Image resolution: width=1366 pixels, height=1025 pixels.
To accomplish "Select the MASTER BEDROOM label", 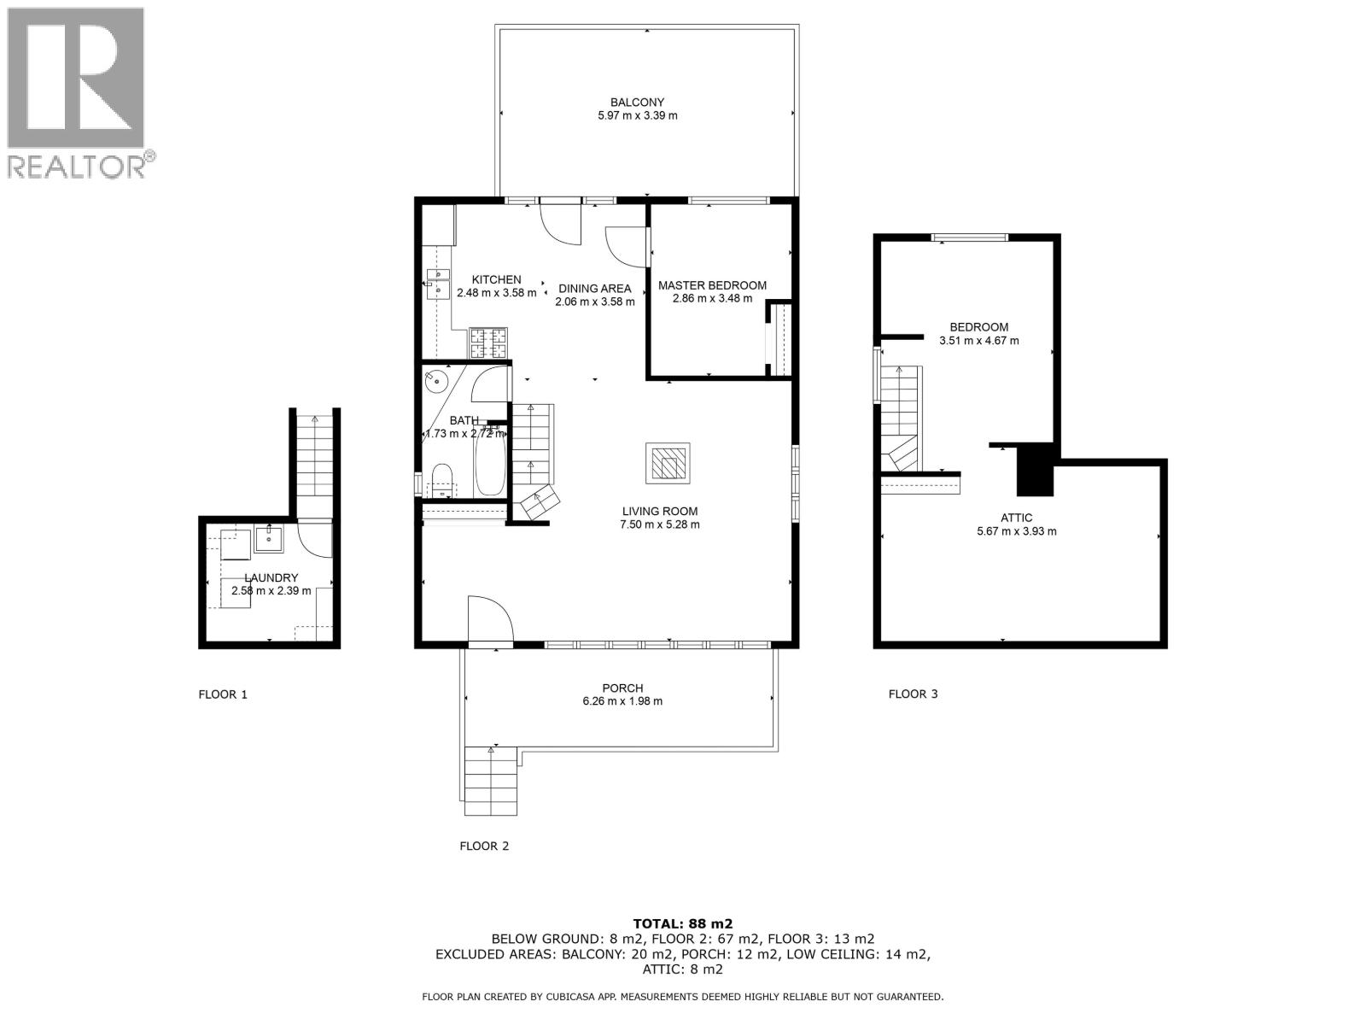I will pyautogui.click(x=712, y=285).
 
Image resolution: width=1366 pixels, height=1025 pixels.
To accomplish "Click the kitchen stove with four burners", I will pyautogui.click(x=487, y=343).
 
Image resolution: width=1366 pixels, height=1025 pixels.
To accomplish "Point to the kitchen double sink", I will pyautogui.click(x=438, y=284).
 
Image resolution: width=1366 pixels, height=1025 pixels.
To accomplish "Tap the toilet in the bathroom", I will pyautogui.click(x=442, y=480).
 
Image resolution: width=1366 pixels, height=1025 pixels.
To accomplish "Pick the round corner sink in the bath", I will pyautogui.click(x=439, y=379).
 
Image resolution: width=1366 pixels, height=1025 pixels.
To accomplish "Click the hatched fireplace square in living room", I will pyautogui.click(x=668, y=465).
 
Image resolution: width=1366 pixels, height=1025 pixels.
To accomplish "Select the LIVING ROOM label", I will pyautogui.click(x=659, y=512).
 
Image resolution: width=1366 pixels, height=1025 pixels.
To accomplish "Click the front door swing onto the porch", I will pyautogui.click(x=489, y=620).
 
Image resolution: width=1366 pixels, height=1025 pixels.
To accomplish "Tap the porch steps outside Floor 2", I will pyautogui.click(x=492, y=781).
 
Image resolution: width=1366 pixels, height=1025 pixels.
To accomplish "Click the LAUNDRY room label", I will pyautogui.click(x=271, y=577).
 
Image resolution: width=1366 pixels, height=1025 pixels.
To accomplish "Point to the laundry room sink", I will pyautogui.click(x=269, y=538).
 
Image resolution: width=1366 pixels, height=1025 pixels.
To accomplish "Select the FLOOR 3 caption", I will pyautogui.click(x=913, y=694).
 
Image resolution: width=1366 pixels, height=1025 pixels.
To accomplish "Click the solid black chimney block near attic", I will pyautogui.click(x=1036, y=470).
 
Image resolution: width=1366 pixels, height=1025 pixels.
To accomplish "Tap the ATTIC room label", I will pyautogui.click(x=1016, y=518).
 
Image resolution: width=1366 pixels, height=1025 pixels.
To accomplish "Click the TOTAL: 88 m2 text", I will pyautogui.click(x=682, y=923).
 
